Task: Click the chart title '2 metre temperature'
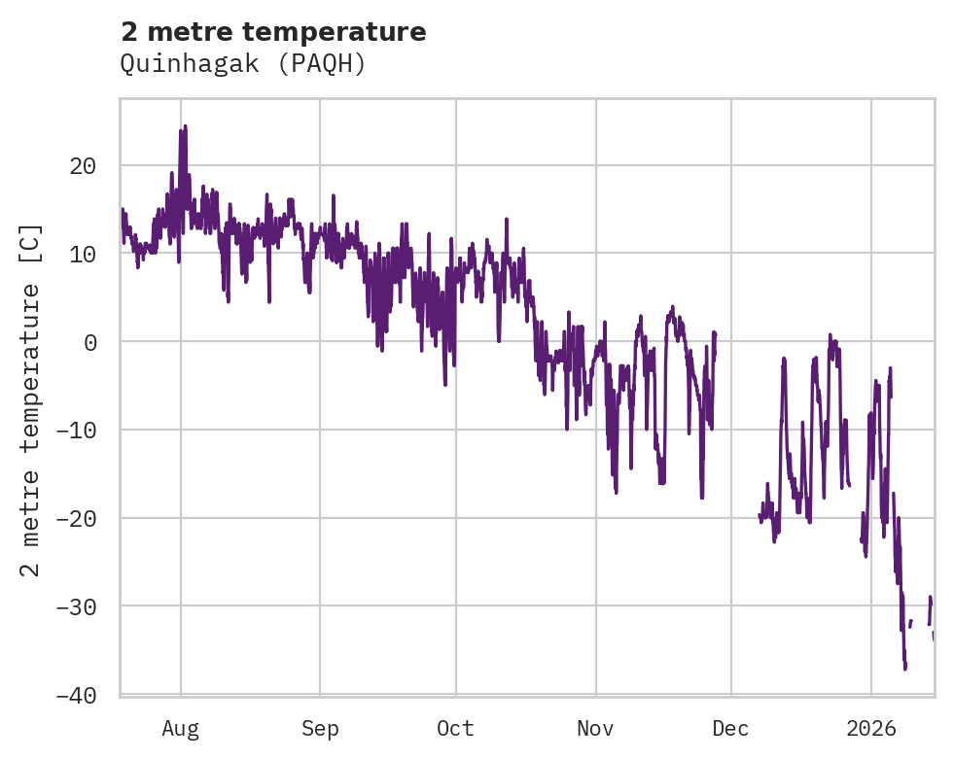pos(273,32)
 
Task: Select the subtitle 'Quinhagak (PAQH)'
pos(242,64)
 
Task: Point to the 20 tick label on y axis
pos(83,165)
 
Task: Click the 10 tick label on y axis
pos(83,254)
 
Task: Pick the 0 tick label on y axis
pos(89,342)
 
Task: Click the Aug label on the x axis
pos(180,729)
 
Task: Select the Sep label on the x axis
pos(320,729)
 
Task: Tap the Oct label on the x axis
pos(455,729)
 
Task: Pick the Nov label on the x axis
pos(595,729)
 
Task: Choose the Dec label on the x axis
pos(730,729)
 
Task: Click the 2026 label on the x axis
pos(871,729)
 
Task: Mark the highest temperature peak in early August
pos(185,126)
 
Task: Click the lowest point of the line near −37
pos(904,669)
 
